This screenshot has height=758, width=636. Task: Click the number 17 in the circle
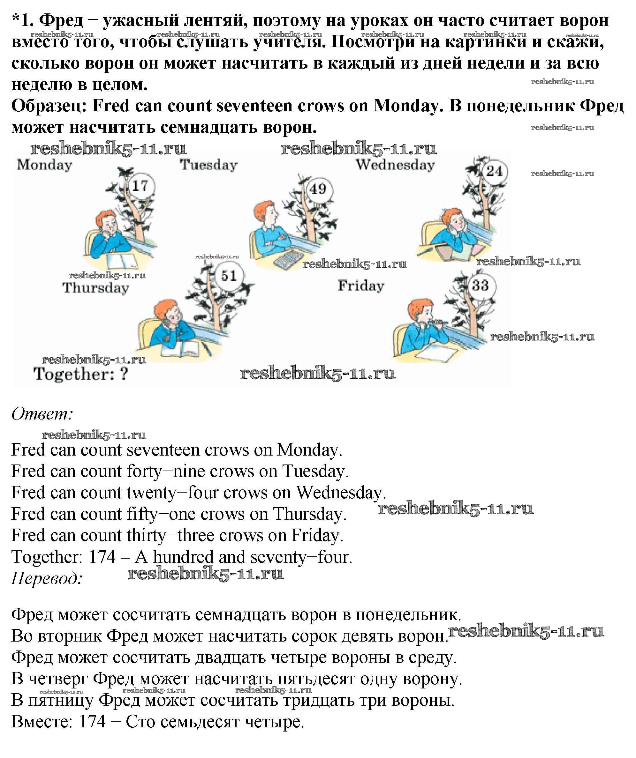(140, 186)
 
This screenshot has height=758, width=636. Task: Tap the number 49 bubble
(318, 189)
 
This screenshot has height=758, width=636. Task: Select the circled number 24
(494, 171)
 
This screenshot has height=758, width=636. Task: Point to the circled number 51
(229, 276)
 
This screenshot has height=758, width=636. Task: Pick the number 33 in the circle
(480, 285)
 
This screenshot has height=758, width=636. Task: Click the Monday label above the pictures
(44, 165)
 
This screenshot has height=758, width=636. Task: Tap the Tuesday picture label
(209, 165)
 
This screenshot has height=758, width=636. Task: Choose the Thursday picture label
(95, 288)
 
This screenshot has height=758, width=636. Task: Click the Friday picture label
(361, 286)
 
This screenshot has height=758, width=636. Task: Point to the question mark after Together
(124, 374)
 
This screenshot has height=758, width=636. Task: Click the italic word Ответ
(42, 414)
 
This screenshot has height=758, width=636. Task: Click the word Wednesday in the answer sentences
(339, 493)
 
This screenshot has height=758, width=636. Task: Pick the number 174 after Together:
(102, 557)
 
